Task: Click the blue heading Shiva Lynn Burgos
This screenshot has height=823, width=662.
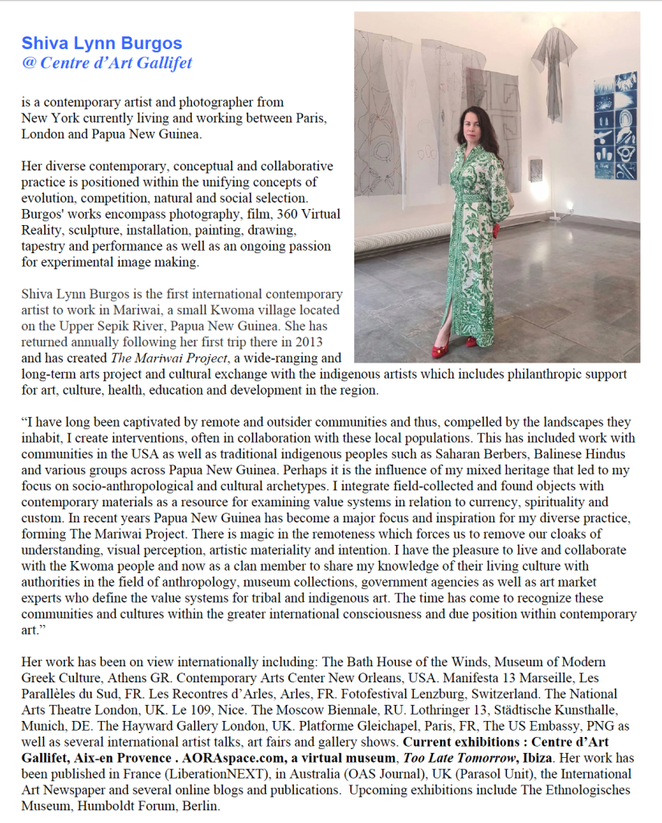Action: pyautogui.click(x=102, y=43)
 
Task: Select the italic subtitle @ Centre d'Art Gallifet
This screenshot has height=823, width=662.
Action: pyautogui.click(x=107, y=63)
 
